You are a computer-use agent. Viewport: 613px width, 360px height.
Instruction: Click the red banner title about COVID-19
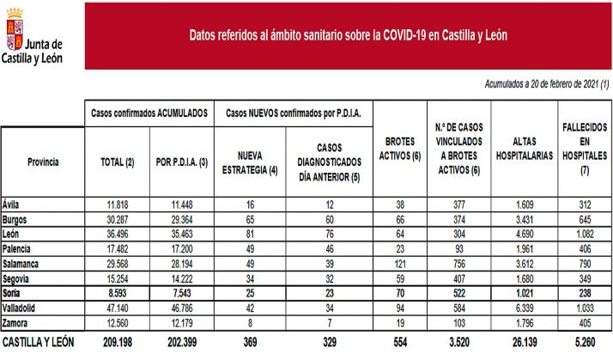(x=348, y=36)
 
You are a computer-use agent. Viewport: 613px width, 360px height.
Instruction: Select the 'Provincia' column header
(x=42, y=162)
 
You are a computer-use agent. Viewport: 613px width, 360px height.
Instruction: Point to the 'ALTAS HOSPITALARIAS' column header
(x=525, y=149)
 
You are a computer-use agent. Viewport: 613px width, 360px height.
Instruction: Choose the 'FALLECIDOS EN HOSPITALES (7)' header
(x=586, y=149)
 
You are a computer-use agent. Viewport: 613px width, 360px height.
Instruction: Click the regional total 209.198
(x=118, y=342)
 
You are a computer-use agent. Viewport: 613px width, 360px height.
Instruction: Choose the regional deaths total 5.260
(x=586, y=342)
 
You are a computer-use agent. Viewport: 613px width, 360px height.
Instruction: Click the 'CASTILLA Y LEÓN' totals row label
(x=39, y=342)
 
